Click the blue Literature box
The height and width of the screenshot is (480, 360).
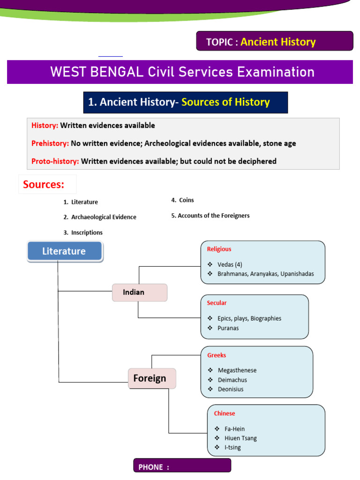(65, 251)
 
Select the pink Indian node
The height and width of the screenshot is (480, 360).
(140, 292)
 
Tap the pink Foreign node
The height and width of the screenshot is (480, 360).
(152, 378)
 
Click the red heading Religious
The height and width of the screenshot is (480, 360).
(219, 249)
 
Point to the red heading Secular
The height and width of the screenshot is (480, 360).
(217, 303)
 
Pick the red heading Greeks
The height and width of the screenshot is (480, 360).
(217, 355)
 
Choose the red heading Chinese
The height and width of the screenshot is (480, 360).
(225, 413)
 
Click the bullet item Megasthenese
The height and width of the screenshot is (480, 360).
(237, 370)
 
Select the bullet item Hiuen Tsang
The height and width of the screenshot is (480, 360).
(240, 438)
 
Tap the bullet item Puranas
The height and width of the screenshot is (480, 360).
(228, 328)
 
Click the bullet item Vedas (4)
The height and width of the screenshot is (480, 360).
(230, 264)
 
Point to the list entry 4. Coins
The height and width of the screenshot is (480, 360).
(182, 200)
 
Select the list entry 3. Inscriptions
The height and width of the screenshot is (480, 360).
(83, 232)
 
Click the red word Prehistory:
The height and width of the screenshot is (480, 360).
(50, 143)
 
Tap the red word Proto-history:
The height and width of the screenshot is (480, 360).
(55, 161)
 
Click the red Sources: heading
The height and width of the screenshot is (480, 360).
(44, 184)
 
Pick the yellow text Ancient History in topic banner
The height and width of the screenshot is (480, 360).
(278, 42)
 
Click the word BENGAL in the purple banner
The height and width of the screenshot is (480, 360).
(117, 72)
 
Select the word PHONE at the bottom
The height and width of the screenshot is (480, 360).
(150, 467)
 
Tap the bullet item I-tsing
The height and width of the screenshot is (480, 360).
(232, 448)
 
